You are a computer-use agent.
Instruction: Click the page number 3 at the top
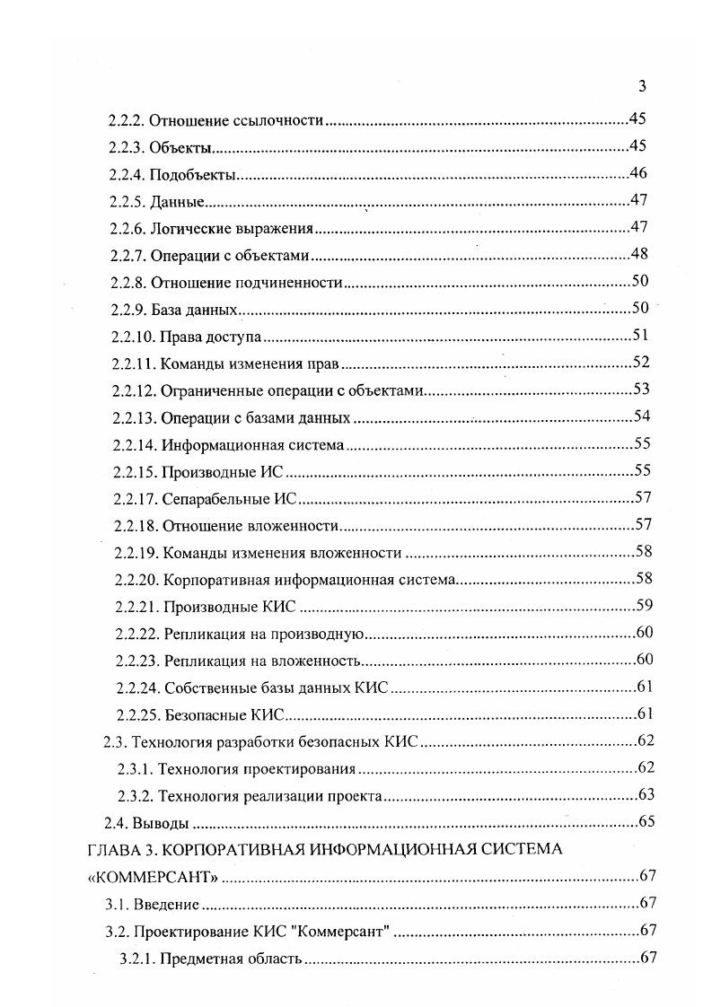pyautogui.click(x=642, y=87)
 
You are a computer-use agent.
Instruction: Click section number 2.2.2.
pyautogui.click(x=126, y=120)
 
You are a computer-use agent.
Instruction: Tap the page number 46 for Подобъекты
pyautogui.click(x=639, y=173)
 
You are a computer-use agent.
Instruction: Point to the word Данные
pyautogui.click(x=177, y=202)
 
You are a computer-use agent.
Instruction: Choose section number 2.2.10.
pyautogui.click(x=133, y=337)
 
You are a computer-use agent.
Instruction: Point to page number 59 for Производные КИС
pyautogui.click(x=644, y=605)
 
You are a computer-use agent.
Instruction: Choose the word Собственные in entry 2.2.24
pyautogui.click(x=208, y=687)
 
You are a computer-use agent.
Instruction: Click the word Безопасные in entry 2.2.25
pyautogui.click(x=201, y=715)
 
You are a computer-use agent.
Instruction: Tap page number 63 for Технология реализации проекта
pyautogui.click(x=646, y=794)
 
